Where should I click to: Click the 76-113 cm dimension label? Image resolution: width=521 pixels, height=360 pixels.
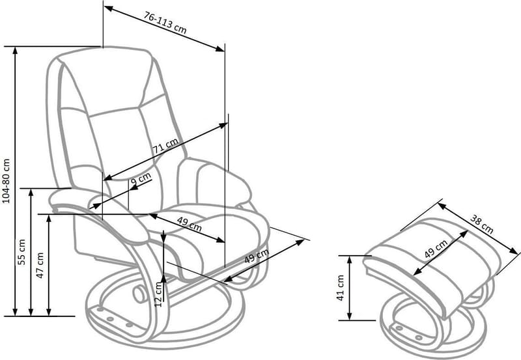coord(165,23)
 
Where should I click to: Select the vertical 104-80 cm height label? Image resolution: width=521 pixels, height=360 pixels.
coord(7,181)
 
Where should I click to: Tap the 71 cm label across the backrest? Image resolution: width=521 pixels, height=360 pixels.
coord(165,145)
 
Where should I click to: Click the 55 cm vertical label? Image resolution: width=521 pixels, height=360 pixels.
coord(21,252)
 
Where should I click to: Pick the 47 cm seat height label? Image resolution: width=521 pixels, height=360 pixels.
coord(40,265)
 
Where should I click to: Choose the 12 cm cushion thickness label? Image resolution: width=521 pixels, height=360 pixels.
coord(158,294)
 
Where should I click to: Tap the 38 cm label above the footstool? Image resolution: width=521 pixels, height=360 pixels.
coord(481,224)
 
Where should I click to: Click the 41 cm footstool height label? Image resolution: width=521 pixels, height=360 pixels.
coord(340,288)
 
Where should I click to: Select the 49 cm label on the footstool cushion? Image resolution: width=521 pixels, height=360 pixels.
coord(436,249)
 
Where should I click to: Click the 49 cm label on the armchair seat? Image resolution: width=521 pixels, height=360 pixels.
coord(189,224)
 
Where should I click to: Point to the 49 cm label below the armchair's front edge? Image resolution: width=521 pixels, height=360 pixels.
coord(257,256)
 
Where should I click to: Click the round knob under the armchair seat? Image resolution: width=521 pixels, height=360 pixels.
coord(139,294)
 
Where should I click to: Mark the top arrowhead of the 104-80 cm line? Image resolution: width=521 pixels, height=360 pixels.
coord(15,50)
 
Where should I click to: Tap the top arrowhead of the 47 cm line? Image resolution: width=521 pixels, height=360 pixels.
coord(49,218)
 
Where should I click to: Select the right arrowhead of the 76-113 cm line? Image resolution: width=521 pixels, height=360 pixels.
coord(220,49)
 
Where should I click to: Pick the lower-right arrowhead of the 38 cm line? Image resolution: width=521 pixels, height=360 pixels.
coord(514,252)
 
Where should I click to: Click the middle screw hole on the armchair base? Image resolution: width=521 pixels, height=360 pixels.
coord(110,319)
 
